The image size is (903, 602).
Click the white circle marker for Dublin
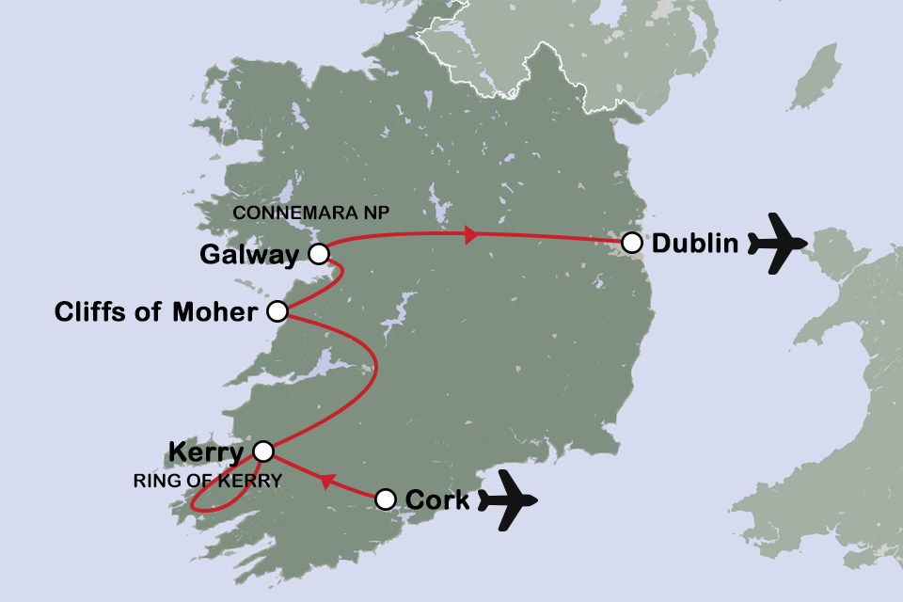(632, 244)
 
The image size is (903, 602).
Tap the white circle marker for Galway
(319, 254)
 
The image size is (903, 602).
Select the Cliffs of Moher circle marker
(277, 312)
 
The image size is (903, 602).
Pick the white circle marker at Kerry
(264, 451)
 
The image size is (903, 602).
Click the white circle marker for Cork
(386, 499)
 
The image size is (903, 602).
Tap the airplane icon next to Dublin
(777, 244)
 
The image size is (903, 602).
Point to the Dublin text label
(694, 244)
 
